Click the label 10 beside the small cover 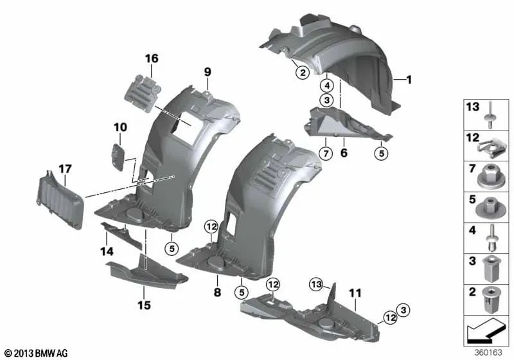[121, 127]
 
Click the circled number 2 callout [301, 73]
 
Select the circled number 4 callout [327, 84]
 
